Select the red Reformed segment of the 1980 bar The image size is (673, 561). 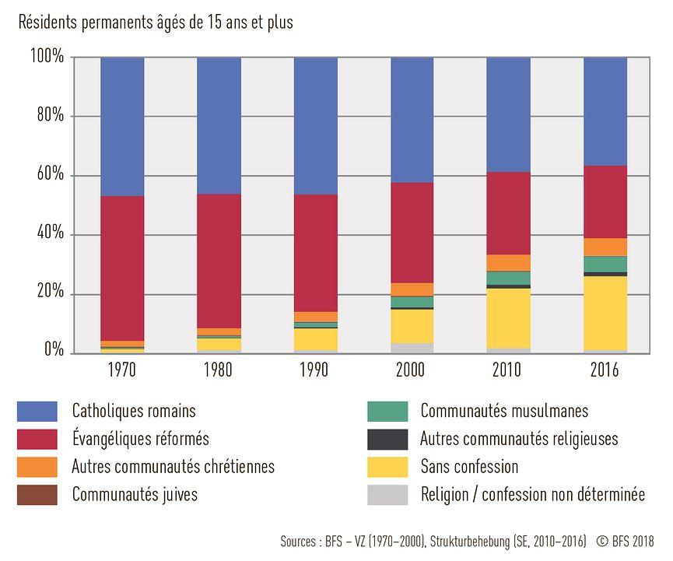click(219, 261)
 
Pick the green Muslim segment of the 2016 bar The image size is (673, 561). click(605, 264)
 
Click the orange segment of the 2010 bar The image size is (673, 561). click(508, 262)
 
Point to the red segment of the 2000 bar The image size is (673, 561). click(412, 233)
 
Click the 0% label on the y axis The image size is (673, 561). click(54, 351)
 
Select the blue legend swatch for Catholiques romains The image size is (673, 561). click(37, 411)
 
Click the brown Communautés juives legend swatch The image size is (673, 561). click(37, 494)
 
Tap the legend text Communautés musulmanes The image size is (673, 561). click(504, 411)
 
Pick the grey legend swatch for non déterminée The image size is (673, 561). click(387, 494)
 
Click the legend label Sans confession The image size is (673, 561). click(469, 467)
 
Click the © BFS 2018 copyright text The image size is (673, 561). click(626, 541)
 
